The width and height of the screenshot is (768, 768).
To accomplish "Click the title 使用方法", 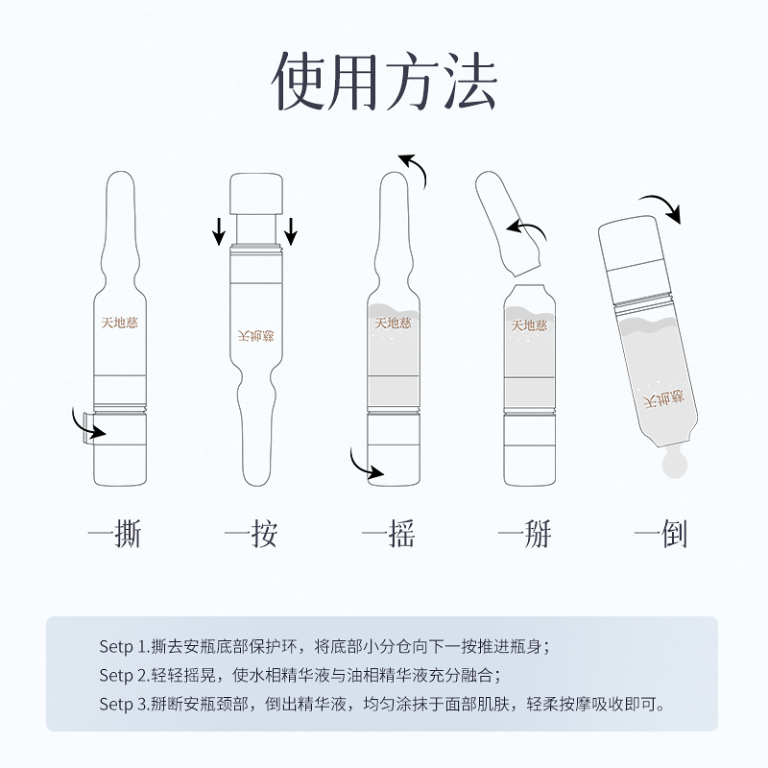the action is (x=385, y=81).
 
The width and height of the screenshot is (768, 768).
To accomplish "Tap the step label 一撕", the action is (x=115, y=534).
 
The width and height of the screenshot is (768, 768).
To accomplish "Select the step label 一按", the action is (x=251, y=534).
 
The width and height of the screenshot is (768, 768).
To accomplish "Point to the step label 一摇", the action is (x=388, y=534).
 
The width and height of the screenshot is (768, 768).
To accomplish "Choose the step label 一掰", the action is (x=524, y=534).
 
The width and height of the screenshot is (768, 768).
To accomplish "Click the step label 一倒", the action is (x=660, y=534).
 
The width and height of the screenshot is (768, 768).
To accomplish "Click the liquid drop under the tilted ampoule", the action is (x=674, y=463).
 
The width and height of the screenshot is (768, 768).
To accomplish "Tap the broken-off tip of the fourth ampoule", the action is (x=507, y=224).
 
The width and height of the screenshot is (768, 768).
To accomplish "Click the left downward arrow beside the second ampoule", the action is (x=219, y=231).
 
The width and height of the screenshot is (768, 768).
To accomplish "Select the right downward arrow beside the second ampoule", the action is (x=291, y=231).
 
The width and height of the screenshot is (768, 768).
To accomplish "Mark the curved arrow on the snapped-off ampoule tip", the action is (x=529, y=226).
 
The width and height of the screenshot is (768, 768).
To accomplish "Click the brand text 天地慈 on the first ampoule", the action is (x=119, y=323).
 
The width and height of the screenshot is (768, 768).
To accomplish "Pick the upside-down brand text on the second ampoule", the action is (x=255, y=336).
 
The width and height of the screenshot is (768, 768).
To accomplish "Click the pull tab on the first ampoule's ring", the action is (x=87, y=429).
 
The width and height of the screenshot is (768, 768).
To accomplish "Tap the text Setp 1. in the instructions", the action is (x=125, y=647).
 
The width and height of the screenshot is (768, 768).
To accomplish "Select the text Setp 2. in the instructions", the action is (x=125, y=676).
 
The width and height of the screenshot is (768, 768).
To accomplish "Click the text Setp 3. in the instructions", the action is (x=125, y=705).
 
